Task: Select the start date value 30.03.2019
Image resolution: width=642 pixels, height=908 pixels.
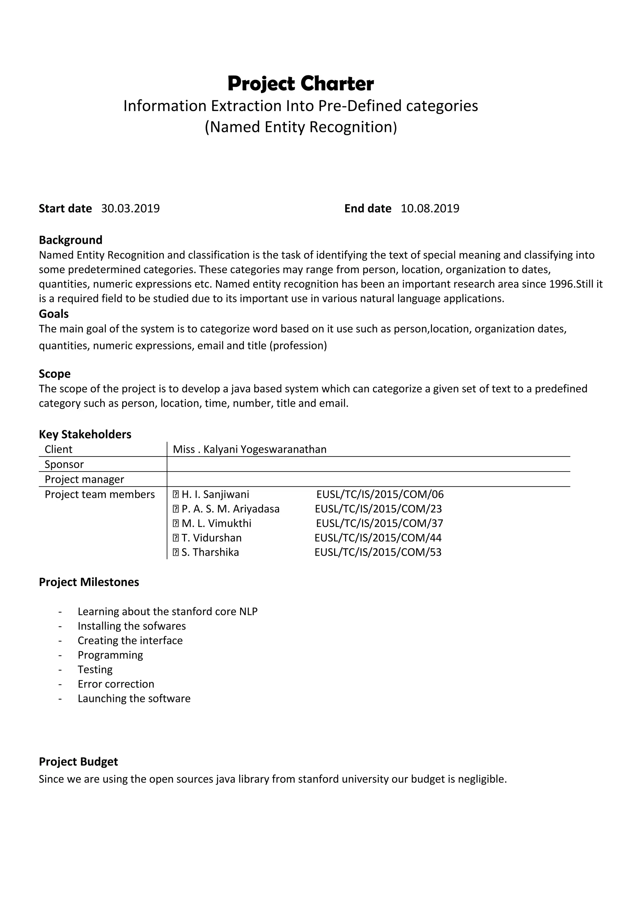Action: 130,209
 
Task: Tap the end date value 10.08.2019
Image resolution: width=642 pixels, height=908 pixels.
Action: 430,209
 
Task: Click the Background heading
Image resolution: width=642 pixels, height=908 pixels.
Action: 70,240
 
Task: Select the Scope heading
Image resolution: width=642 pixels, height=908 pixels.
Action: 55,374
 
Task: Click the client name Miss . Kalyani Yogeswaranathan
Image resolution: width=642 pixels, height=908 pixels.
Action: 250,449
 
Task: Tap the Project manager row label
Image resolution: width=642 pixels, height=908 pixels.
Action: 84,479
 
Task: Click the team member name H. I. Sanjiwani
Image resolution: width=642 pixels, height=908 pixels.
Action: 215,494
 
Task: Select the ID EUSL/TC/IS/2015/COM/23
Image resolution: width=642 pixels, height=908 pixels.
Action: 378,509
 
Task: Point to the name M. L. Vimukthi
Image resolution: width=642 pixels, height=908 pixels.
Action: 216,524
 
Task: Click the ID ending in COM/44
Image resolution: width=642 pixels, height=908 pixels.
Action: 378,538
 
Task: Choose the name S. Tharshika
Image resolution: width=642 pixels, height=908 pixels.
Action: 210,552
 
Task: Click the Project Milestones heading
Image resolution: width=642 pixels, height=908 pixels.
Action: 89,582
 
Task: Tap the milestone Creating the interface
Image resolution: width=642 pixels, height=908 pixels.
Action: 130,641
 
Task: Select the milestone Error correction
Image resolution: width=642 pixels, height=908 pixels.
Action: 116,684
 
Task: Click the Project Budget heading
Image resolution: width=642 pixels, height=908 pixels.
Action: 78,762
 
